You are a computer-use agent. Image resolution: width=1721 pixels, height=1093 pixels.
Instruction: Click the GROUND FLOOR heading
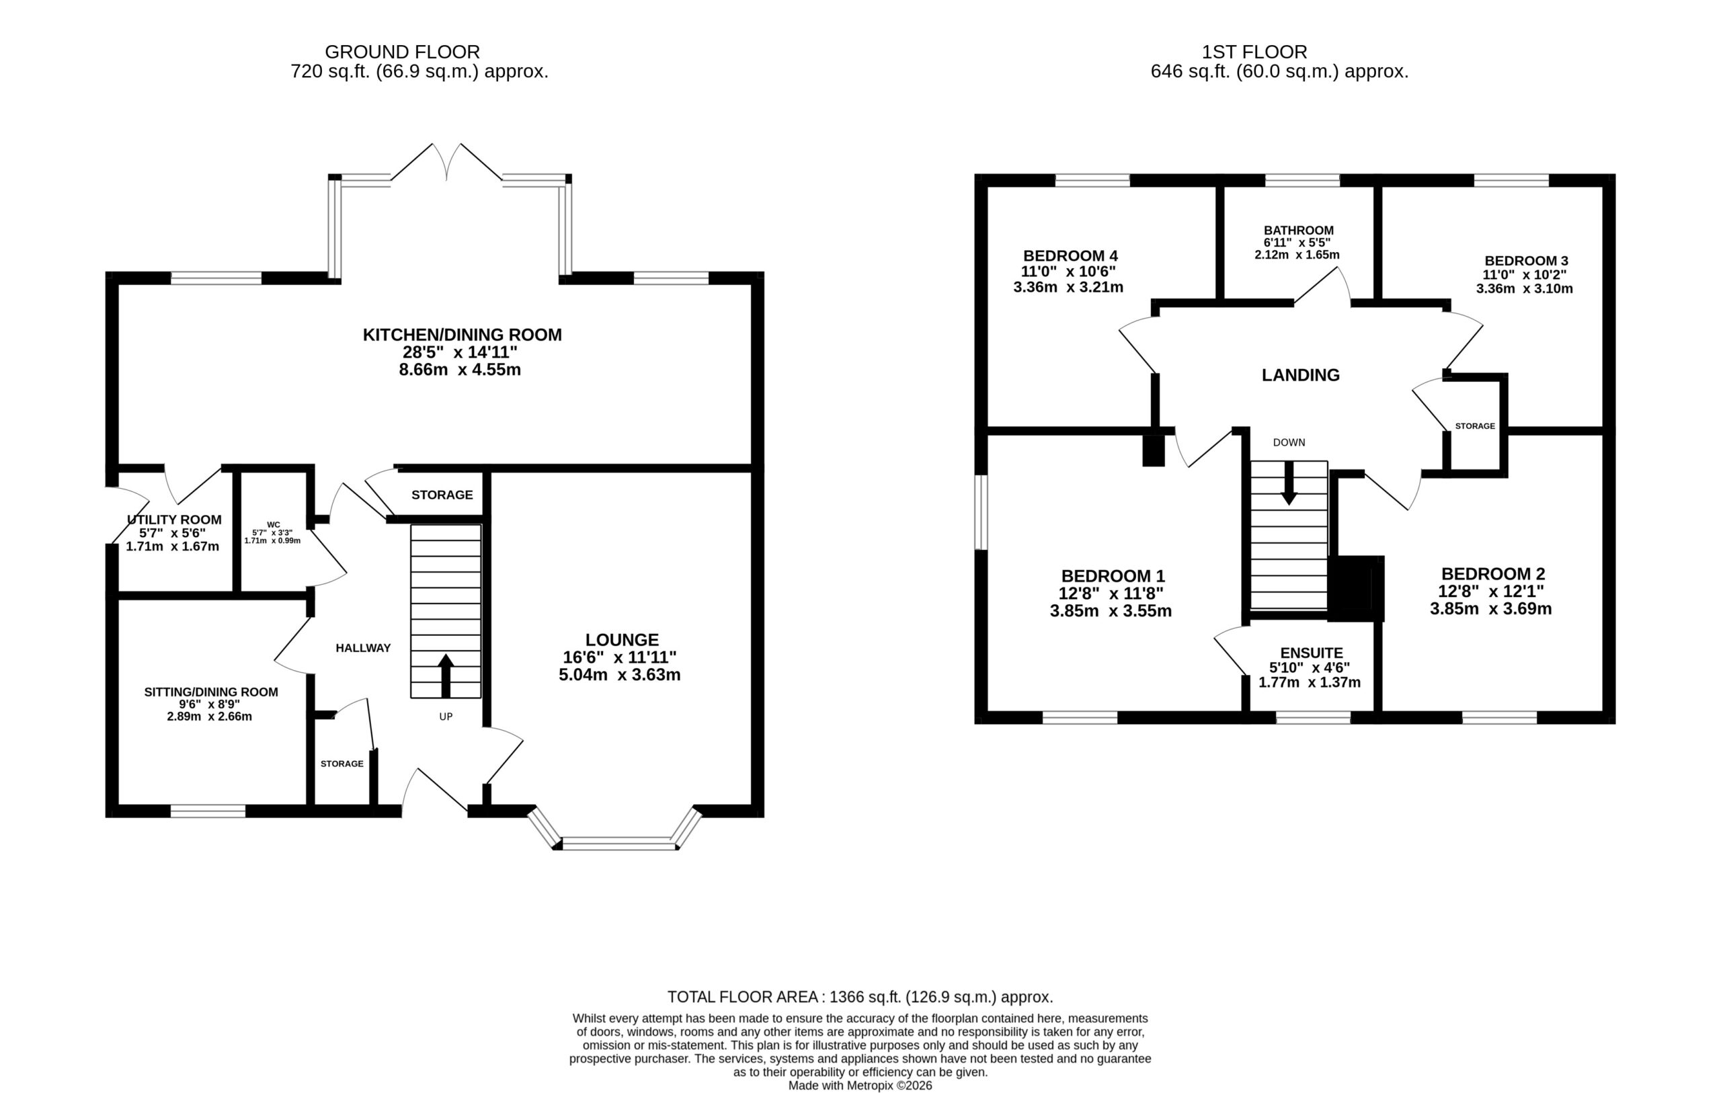tap(403, 52)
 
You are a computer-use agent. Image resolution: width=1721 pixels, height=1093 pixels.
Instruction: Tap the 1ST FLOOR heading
tap(1254, 52)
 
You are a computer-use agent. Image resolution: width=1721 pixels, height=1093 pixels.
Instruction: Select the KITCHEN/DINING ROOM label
tap(463, 335)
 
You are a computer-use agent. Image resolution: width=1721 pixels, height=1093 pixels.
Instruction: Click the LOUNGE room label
tap(622, 640)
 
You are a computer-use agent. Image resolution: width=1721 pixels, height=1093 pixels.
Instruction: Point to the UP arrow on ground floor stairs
tap(446, 676)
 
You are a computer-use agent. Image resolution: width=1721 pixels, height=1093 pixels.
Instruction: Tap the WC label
tap(274, 525)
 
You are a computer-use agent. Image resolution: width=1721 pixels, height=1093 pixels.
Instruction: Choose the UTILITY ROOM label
tap(174, 520)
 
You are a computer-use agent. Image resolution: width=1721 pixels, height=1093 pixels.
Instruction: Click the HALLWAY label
tap(363, 647)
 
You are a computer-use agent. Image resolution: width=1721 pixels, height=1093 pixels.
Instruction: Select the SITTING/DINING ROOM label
tap(211, 692)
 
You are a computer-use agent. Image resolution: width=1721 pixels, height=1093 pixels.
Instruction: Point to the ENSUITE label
tap(1312, 653)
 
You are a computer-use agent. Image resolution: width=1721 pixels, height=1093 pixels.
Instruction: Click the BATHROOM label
tap(1299, 230)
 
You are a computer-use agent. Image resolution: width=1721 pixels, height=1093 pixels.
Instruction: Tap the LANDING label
tap(1301, 375)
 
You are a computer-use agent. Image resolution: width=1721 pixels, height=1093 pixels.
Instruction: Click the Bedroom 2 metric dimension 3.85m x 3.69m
tap(1491, 609)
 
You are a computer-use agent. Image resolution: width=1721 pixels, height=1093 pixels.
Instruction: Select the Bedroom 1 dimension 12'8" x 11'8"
tap(1111, 594)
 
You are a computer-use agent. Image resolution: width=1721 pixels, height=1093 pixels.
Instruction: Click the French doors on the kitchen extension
tap(446, 161)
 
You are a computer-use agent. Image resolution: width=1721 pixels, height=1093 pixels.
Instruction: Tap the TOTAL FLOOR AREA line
tap(860, 996)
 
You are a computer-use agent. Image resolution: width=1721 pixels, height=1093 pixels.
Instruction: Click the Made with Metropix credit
tap(860, 1085)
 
